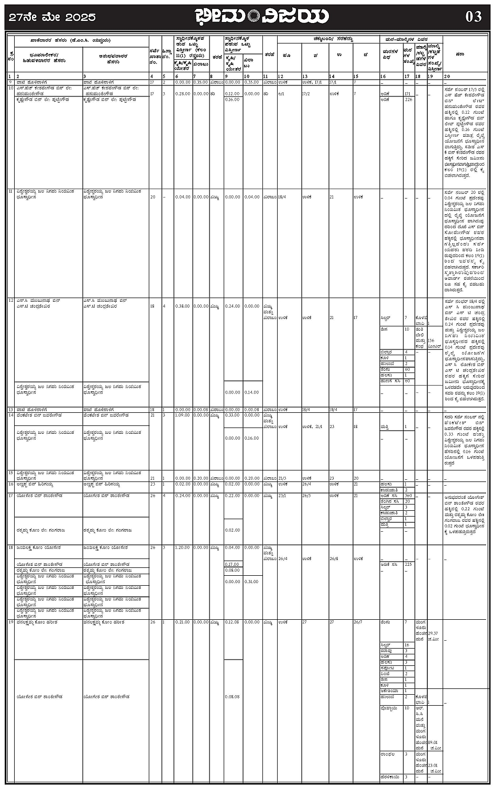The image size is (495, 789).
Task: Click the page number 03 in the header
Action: (x=474, y=17)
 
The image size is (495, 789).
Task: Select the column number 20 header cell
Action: (x=447, y=77)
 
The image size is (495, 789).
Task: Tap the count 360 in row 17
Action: (x=408, y=496)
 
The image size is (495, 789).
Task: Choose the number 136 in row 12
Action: (x=431, y=341)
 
